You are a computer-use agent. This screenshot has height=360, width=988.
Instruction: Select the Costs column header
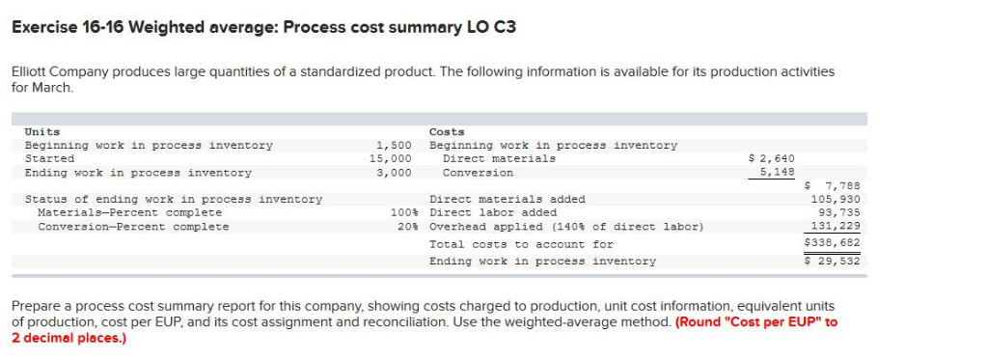tap(447, 131)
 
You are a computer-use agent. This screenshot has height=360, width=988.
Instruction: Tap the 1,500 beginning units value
tap(394, 145)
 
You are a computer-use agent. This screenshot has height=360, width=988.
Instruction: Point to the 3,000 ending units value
tap(394, 173)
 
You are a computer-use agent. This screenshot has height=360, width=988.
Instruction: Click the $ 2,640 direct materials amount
tap(773, 158)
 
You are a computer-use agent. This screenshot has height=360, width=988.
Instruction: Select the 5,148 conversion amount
tap(778, 173)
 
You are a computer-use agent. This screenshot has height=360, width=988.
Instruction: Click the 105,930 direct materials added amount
tap(836, 199)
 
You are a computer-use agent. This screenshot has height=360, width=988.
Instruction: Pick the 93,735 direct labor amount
tap(838, 212)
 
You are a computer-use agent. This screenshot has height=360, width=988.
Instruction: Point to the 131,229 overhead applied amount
tap(836, 226)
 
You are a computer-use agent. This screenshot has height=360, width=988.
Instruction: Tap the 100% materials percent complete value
tap(401, 212)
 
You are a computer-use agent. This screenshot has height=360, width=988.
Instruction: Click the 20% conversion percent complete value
tap(405, 227)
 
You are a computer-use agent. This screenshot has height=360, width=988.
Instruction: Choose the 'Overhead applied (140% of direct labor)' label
tap(566, 227)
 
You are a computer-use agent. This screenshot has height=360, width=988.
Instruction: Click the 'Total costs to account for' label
tap(521, 244)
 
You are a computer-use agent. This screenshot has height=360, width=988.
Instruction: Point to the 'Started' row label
tap(49, 158)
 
